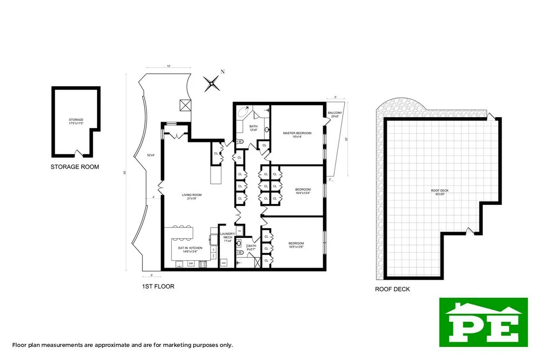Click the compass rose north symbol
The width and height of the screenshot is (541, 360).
[211, 83]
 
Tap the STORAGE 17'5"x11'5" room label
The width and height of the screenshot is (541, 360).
[76, 121]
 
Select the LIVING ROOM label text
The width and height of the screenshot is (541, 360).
[192, 197]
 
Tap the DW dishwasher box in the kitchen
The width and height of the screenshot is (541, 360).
[191, 263]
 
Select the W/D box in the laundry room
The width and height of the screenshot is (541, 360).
[224, 263]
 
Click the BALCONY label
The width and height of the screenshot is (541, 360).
[335, 114]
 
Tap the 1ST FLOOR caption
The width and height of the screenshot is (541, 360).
[158, 287]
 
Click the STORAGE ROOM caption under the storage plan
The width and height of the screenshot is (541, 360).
[75, 167]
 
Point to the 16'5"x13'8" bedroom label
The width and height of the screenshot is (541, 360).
[296, 245]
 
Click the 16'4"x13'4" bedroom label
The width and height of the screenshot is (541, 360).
[303, 191]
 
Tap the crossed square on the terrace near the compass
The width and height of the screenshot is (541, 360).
[184, 105]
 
